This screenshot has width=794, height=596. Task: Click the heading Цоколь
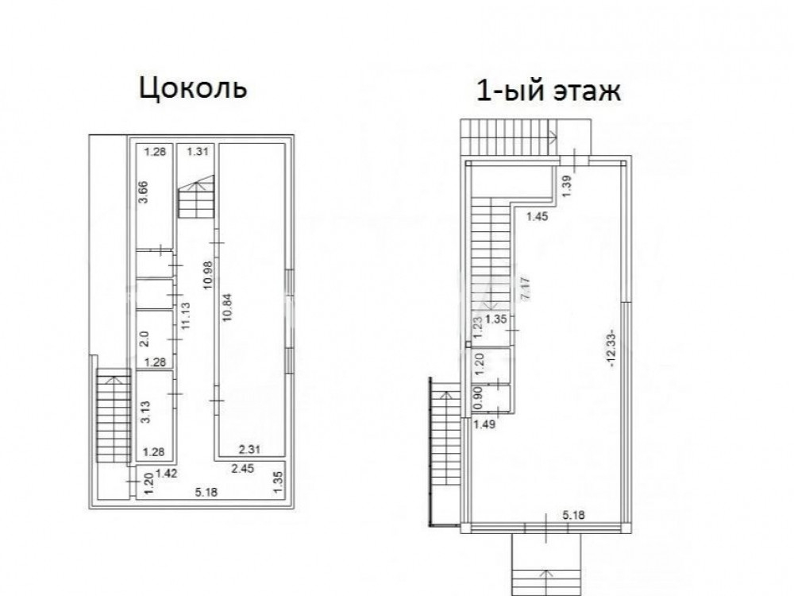click(193, 87)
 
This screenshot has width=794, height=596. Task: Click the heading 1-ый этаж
click(549, 91)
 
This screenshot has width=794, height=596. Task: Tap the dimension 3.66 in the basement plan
click(144, 192)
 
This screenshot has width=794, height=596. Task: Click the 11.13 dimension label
click(185, 315)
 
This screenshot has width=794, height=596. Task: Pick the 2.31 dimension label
click(249, 449)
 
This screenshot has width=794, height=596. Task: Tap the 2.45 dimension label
click(242, 469)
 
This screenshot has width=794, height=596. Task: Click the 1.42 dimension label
click(167, 474)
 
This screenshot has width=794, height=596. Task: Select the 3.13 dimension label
click(145, 412)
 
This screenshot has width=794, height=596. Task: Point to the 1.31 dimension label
click(198, 152)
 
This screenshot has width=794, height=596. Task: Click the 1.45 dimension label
click(538, 216)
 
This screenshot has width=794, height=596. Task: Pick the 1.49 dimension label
click(484, 424)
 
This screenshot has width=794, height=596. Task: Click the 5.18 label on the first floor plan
click(574, 516)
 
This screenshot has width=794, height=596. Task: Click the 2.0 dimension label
click(144, 339)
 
